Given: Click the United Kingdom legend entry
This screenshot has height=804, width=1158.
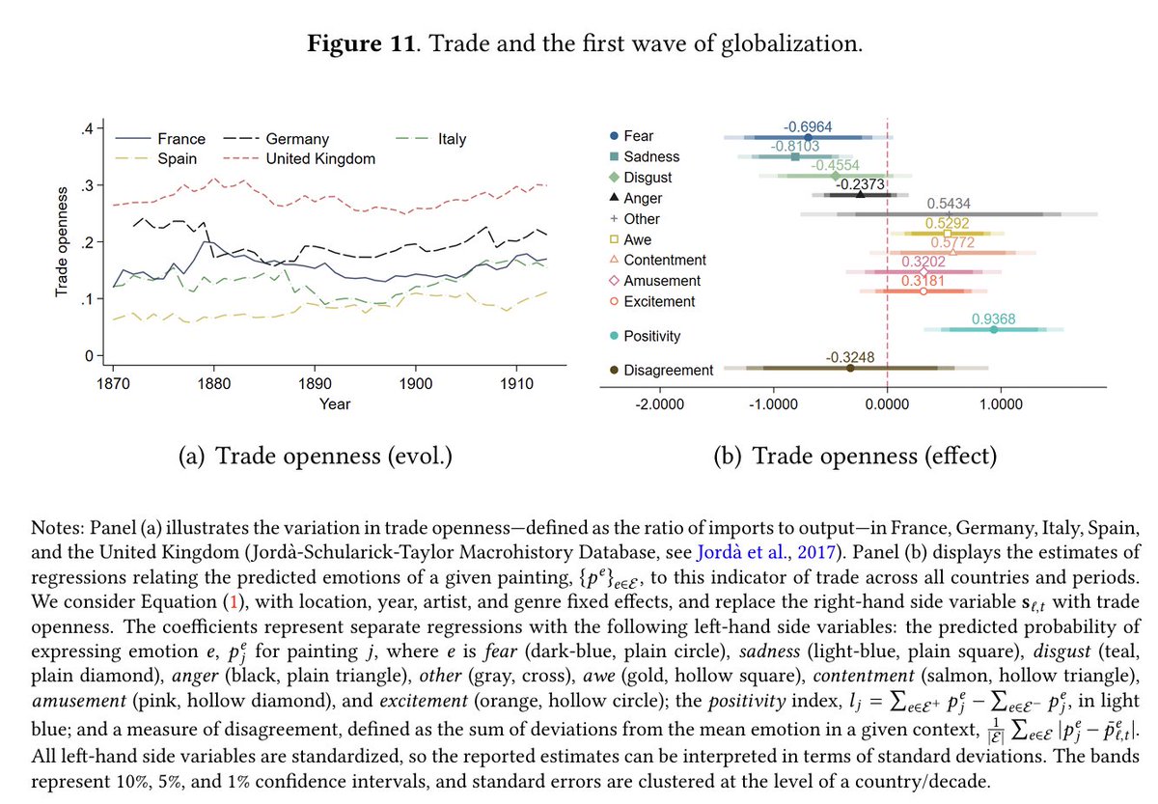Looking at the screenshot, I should coord(320,158).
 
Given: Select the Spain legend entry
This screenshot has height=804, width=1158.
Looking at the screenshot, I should coord(177,158).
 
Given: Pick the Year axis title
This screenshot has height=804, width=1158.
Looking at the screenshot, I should coord(335,402).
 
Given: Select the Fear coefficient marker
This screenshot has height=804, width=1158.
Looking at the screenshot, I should coord(808,138).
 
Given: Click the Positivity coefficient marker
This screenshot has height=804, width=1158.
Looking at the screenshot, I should coord(994,329).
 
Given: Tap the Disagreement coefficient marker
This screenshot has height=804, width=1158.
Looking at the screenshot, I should coord(850,368).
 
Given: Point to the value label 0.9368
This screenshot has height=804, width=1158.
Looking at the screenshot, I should coord(994,318).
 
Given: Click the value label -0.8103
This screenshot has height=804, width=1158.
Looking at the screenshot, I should coord(794,146).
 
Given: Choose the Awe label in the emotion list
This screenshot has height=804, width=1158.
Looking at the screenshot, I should coord(637,239).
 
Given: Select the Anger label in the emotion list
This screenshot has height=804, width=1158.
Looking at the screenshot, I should coord(643,199).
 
